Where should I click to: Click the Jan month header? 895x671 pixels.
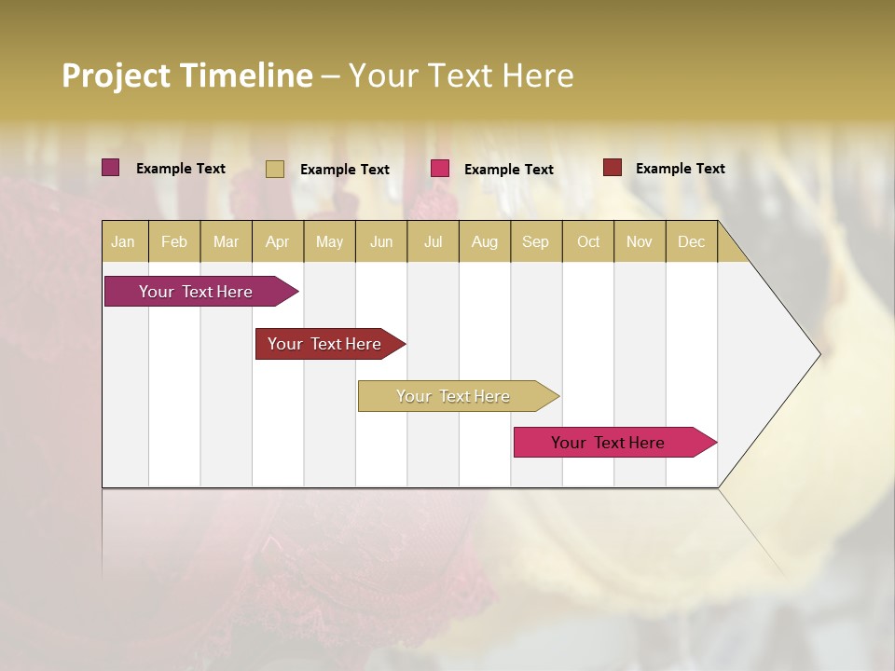[123, 241]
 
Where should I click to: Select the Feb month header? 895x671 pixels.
[174, 241]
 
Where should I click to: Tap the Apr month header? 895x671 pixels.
[277, 241]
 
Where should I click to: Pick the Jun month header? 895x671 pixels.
[381, 241]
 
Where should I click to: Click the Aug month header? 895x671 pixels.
[484, 241]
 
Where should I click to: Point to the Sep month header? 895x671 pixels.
[535, 241]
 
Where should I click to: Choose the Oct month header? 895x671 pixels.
[588, 241]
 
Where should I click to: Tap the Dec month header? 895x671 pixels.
[691, 241]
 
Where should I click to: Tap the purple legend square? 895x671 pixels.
[111, 168]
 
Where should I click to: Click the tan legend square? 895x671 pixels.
[274, 169]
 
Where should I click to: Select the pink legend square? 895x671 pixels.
[440, 169]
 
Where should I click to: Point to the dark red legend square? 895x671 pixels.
[612, 168]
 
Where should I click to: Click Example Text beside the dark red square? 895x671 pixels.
[680, 169]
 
